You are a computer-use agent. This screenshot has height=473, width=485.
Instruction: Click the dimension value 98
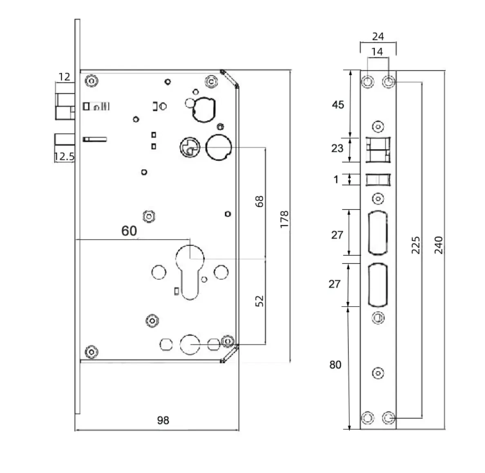[163, 420]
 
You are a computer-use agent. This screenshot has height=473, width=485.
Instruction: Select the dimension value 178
[285, 219]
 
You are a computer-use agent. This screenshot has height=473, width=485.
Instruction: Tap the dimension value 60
[129, 231]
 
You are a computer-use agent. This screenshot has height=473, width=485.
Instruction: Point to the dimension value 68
[259, 201]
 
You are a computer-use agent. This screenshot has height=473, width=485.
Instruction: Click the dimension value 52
[259, 301]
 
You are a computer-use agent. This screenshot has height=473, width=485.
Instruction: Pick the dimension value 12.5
[65, 156]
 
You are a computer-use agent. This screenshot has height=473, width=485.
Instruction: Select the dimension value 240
[438, 245]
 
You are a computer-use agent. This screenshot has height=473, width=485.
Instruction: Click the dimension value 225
[415, 245]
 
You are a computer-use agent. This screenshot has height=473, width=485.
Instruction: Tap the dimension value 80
[335, 365]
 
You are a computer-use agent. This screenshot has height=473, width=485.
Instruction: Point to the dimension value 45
[337, 105]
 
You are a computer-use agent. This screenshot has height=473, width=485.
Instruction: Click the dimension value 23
[337, 148]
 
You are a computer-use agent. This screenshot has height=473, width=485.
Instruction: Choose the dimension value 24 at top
[378, 36]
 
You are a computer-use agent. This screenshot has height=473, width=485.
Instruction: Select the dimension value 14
[377, 52]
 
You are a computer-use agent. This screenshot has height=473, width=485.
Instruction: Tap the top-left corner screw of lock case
[91, 81]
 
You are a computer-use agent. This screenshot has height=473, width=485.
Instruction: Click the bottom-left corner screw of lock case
[91, 352]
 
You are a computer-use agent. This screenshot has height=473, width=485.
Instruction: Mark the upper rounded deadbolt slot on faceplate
[378, 232]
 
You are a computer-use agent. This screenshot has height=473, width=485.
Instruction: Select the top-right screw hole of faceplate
[389, 82]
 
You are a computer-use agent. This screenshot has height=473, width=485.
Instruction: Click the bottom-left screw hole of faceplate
[368, 418]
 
